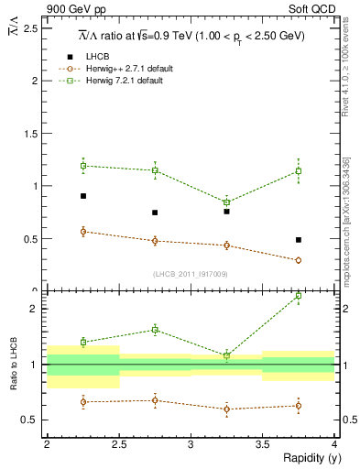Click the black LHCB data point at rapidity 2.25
point(82,196)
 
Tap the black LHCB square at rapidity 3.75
point(299,240)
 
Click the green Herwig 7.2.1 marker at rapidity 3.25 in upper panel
point(226,202)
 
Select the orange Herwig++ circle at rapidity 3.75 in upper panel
point(299,260)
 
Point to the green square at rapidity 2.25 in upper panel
point(82,166)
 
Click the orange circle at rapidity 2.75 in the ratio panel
point(155,400)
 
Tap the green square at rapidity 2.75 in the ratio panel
point(155,330)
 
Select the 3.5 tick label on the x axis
point(263,444)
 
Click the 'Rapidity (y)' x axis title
point(307,458)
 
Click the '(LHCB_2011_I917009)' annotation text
point(191,274)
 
